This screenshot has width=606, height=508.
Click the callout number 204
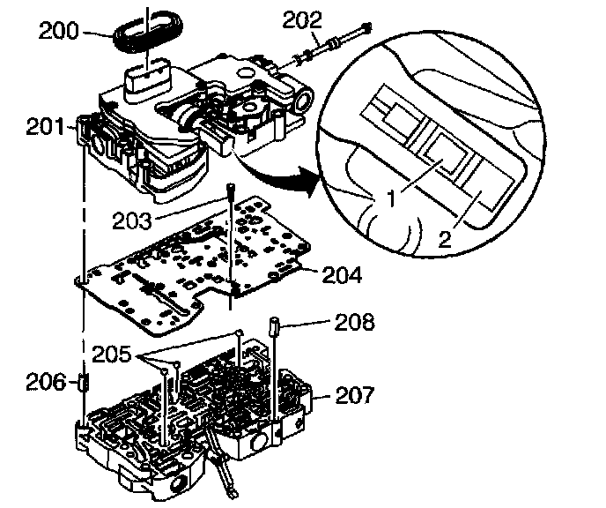pos(343,275)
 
